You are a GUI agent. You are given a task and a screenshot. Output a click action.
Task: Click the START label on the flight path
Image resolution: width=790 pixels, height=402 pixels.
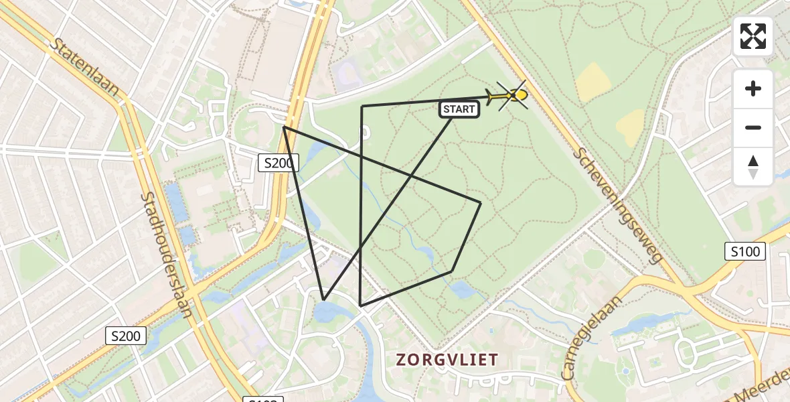[459, 109]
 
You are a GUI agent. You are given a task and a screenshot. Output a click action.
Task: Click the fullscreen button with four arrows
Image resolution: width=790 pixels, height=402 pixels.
[753, 36]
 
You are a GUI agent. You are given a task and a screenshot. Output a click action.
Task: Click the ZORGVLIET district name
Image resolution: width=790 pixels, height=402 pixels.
[447, 360]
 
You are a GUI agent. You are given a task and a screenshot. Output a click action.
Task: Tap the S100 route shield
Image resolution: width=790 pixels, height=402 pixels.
[745, 252]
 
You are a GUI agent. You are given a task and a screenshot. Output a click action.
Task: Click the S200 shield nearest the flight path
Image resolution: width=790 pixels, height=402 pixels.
[278, 162]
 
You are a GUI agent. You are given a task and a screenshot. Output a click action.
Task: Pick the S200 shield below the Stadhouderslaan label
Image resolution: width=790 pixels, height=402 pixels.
[126, 336]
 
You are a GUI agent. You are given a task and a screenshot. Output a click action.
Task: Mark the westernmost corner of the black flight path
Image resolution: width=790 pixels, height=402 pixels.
[284, 127]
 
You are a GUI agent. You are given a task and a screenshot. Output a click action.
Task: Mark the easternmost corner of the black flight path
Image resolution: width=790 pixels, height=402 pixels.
[481, 202]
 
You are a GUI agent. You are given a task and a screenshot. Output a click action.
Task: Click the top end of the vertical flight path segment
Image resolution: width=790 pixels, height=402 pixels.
[362, 107]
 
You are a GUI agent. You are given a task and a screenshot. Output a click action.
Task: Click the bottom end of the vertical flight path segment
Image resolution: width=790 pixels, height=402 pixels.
[361, 306]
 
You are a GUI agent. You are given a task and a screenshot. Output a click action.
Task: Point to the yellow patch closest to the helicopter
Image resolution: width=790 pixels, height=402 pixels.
[592, 82]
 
